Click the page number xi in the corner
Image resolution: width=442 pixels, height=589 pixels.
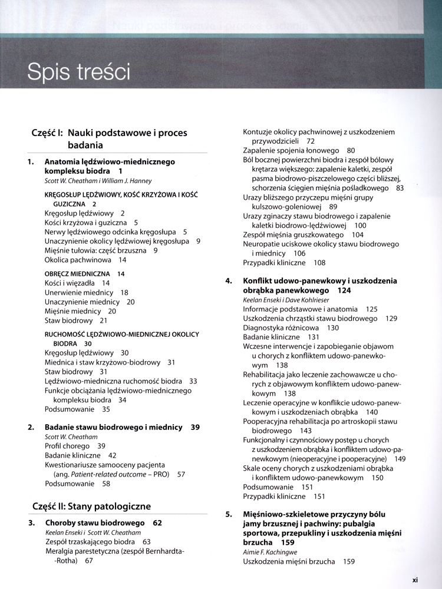tap(415, 580)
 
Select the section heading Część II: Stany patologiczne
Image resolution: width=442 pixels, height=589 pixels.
tap(91, 506)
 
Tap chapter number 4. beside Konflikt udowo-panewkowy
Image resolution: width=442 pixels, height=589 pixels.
tap(230, 281)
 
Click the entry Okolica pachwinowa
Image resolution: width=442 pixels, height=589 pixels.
tap(78, 260)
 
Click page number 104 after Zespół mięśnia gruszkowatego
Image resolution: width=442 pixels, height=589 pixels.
tap(357, 234)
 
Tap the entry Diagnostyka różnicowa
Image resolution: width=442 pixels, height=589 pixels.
tap(281, 327)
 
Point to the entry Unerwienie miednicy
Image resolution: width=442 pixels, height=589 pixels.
tap(79, 293)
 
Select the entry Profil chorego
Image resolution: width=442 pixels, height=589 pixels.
tap(67, 446)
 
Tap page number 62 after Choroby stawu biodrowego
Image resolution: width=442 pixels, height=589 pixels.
tap(157, 522)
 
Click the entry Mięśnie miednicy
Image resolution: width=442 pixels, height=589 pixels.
tap(72, 312)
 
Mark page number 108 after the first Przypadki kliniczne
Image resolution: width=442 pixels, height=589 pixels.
tap(319, 263)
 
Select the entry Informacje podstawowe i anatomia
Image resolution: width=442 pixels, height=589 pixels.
tap(300, 309)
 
